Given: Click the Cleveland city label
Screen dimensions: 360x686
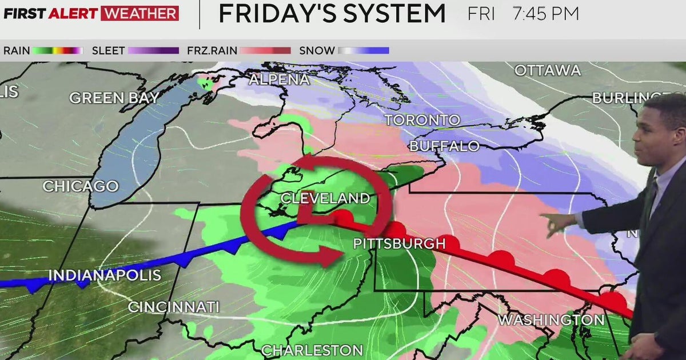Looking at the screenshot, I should click(325, 198).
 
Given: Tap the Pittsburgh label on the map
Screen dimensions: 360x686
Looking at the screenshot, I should click(399, 243).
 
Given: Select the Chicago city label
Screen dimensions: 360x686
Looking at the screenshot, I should click(81, 186).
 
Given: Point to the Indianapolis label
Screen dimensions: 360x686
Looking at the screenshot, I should click(105, 275).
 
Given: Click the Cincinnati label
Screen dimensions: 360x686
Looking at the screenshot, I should click(173, 307).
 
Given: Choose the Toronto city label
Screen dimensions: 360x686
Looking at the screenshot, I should click(422, 120).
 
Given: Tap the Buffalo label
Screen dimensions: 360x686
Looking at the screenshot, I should click(444, 146).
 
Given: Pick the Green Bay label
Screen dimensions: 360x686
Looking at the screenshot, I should click(114, 98).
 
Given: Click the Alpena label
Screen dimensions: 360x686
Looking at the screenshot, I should click(279, 79).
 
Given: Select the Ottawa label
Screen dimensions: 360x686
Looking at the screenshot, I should click(547, 71).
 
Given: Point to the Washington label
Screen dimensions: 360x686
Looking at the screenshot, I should click(551, 319).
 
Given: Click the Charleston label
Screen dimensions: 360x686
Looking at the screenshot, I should click(312, 350).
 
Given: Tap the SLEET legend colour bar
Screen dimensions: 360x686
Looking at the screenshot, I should click(153, 51).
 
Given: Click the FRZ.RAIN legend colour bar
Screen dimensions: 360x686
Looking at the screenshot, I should click(265, 51).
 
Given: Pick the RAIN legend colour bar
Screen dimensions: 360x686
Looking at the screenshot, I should click(58, 51).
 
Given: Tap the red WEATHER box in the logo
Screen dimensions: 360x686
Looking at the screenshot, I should click(139, 13).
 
